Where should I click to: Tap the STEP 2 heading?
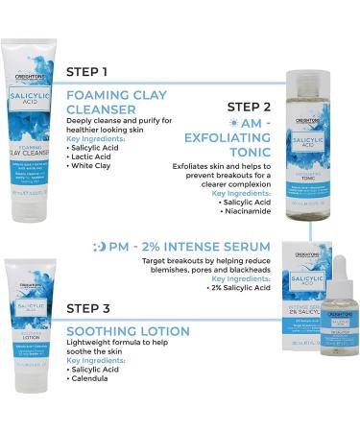pos(254,106)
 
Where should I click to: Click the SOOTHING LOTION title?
pos(128,331)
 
